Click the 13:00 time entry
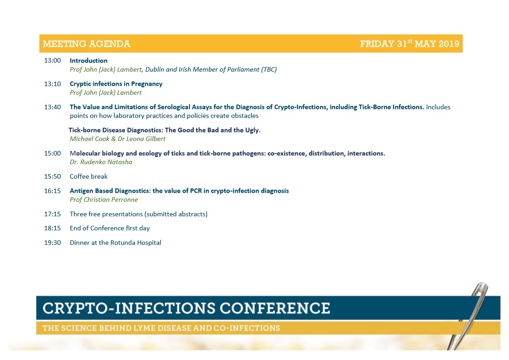tap(52, 60)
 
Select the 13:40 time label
tap(52, 107)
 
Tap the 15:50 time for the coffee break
tap(52, 176)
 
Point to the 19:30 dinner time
tap(52, 243)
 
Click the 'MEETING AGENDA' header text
tap(87, 44)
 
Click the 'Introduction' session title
tap(89, 60)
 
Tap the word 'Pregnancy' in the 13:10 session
tap(147, 84)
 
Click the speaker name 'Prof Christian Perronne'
tap(104, 199)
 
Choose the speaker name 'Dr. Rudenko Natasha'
tap(101, 162)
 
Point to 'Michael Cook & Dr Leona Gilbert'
tap(117, 139)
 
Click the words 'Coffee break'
tap(89, 176)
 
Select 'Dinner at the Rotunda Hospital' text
tap(116, 243)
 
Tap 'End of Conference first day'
tap(110, 228)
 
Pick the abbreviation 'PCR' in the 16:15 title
tap(196, 191)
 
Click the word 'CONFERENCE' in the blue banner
tap(275, 308)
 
